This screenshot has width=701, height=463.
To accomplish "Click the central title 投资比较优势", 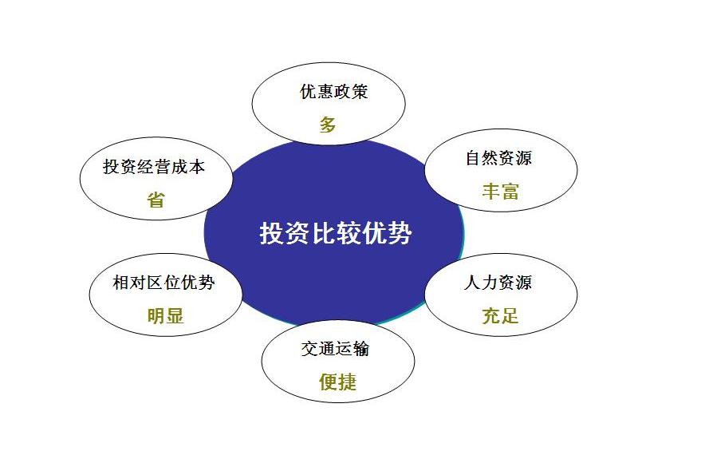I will tap(336, 234).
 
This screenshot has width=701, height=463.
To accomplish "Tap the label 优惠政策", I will tap(334, 92).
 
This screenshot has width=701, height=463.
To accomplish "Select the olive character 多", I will tap(328, 125).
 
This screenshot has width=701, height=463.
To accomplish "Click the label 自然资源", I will tap(498, 158).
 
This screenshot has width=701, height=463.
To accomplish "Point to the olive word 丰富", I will tap(500, 191).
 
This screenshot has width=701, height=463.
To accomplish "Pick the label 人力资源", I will tap(498, 283).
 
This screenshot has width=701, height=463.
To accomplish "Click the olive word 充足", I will tap(500, 315).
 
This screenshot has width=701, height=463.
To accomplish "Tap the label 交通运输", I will tap(336, 349).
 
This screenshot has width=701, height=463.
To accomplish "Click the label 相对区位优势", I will tap(163, 283).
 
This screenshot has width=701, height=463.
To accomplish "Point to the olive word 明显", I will tap(165, 315).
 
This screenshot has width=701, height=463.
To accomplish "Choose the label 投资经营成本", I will tap(154, 167).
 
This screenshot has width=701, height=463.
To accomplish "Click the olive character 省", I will tap(156, 200).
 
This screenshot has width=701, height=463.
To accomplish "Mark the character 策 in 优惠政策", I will tap(360, 92).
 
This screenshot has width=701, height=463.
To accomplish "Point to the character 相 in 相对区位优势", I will tap(121, 283).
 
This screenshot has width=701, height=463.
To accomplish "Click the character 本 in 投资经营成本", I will tap(197, 167).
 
